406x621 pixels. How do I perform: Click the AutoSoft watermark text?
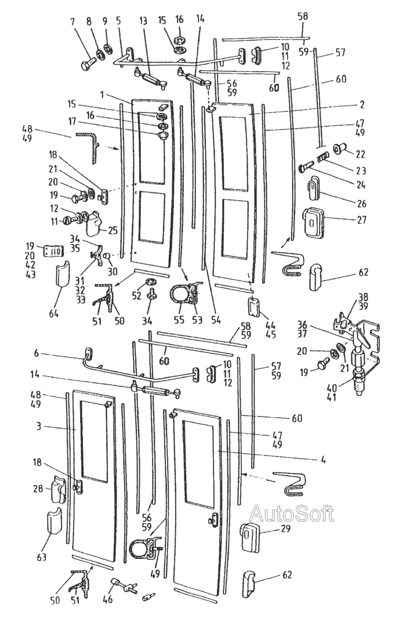pos(292,514)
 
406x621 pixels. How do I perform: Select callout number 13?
pos(143,21)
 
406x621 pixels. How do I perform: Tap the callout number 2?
pos(362,104)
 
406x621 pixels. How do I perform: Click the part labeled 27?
pos(314,223)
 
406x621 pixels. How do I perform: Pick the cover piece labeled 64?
pos(62,273)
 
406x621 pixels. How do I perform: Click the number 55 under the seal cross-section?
pos(179,319)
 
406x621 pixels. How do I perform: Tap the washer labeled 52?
pos(151,282)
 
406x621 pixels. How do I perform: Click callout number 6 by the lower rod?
pos(37,353)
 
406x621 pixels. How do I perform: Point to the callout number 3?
pos(38,427)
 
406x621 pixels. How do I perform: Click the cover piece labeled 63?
pos(55,522)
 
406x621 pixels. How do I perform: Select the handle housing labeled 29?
pos(250,537)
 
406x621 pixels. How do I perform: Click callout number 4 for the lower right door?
pos(323,460)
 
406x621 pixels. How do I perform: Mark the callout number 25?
pos(113,230)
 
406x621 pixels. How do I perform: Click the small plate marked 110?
pos(53,251)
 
